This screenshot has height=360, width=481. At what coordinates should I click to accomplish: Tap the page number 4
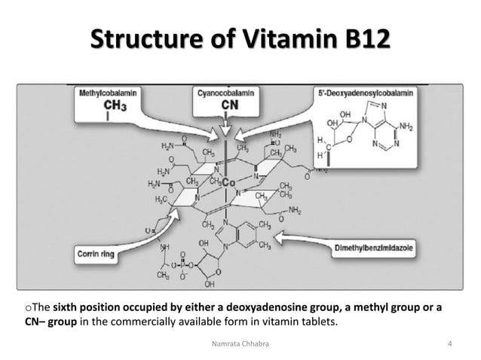[449, 344]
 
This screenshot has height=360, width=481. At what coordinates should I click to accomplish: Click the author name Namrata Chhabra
[240, 344]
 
